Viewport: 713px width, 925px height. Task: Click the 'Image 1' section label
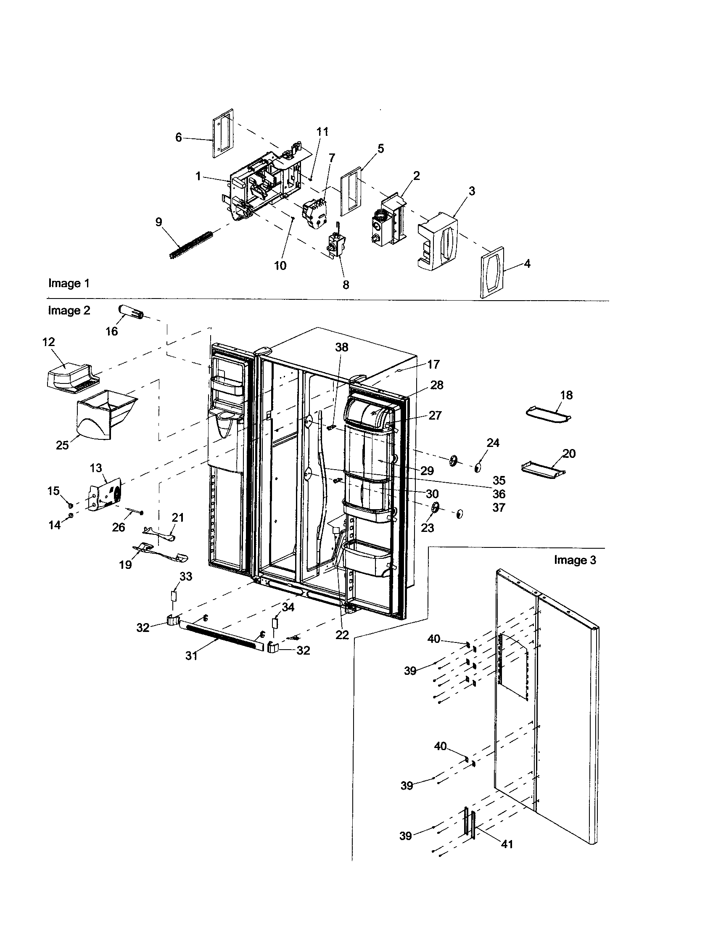click(x=69, y=283)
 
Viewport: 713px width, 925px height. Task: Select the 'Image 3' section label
click(x=575, y=560)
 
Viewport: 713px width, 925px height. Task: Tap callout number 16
click(x=111, y=331)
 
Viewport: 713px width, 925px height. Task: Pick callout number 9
click(x=159, y=222)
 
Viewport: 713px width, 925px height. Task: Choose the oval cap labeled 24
click(x=478, y=467)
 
